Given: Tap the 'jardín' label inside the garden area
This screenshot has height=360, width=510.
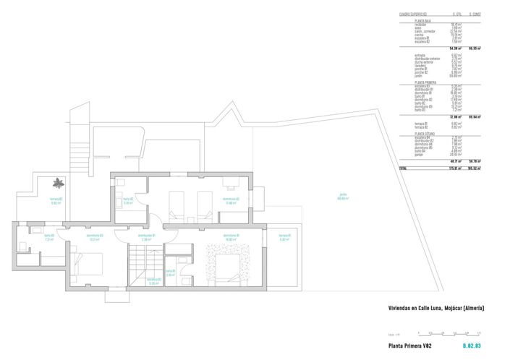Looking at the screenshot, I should (x=343, y=194).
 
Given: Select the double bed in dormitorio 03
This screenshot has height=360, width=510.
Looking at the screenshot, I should (x=87, y=265).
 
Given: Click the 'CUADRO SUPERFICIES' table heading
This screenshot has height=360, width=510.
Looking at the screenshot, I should (x=413, y=14).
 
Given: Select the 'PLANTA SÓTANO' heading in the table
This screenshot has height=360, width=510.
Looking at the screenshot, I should (x=425, y=133).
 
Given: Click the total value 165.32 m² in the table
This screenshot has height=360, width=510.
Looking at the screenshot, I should (x=475, y=167).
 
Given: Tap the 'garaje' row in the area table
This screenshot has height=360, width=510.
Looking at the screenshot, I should (x=420, y=153).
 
